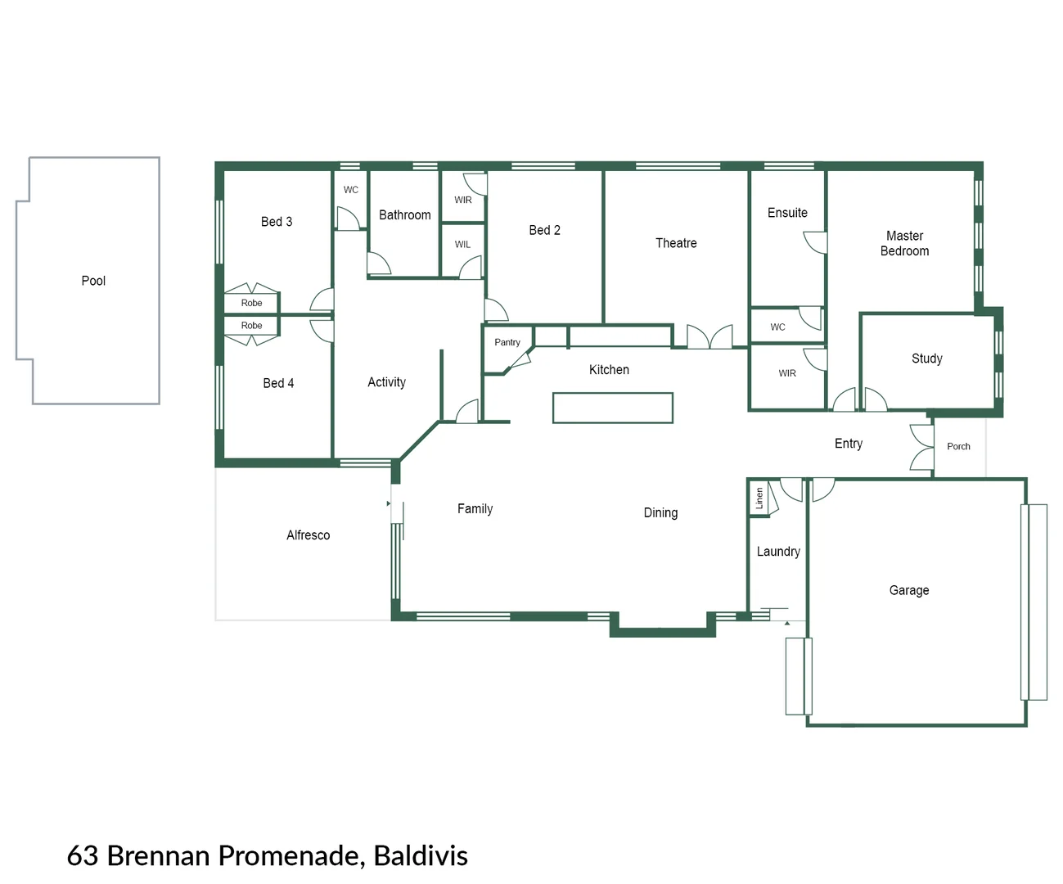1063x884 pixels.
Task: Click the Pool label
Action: (93, 281)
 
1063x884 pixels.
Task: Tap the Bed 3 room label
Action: (277, 222)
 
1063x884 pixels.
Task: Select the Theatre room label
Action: (676, 243)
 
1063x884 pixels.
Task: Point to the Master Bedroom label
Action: (904, 243)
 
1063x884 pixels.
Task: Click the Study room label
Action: (926, 359)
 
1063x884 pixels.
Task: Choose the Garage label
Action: (908, 590)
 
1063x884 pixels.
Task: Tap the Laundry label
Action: (777, 552)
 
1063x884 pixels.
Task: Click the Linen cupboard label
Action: (759, 498)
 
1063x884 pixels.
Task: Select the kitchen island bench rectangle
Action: (612, 408)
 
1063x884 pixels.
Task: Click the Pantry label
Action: (507, 342)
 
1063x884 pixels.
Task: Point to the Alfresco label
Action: (308, 535)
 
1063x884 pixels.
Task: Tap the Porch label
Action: (958, 447)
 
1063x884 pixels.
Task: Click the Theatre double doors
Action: (709, 337)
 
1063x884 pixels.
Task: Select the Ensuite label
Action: (787, 213)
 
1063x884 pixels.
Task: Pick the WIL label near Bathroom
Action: (462, 245)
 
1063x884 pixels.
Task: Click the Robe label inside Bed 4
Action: (251, 326)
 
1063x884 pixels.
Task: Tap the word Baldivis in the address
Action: (421, 855)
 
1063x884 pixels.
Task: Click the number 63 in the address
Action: (83, 855)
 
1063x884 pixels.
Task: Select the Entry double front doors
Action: (921, 448)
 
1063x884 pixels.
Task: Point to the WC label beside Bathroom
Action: (350, 190)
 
